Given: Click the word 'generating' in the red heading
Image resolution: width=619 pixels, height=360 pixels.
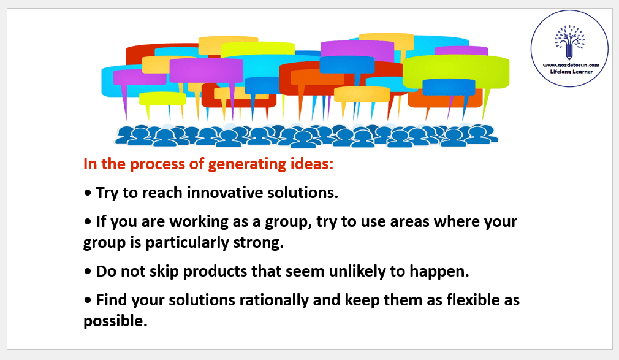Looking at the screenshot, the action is [x=247, y=164].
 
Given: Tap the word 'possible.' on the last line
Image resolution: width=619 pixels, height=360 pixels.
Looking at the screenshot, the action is [x=115, y=321].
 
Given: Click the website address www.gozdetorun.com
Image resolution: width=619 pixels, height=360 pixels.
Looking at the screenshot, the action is [x=571, y=65].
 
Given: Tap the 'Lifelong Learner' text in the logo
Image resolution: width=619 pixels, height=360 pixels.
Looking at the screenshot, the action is [x=571, y=72].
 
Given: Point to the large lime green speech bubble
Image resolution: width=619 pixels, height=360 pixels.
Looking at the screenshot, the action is [x=456, y=72].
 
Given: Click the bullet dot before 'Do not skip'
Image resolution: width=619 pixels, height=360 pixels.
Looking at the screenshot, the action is [x=87, y=272].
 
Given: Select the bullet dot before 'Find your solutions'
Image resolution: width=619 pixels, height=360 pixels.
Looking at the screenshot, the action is [x=87, y=301].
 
